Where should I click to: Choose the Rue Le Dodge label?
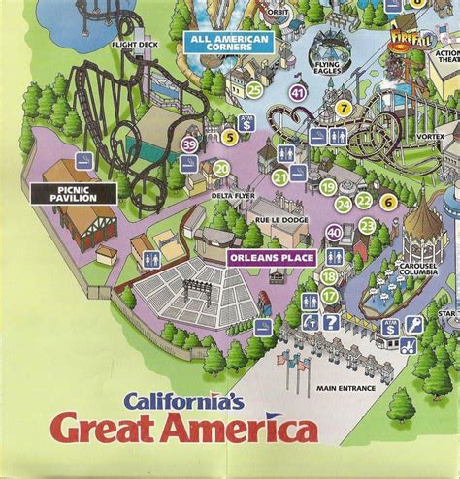tap(275, 218)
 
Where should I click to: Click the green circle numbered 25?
tap(253, 89)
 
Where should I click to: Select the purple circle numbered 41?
tap(297, 93)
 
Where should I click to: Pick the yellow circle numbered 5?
tap(229, 138)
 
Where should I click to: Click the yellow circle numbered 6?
tap(387, 202)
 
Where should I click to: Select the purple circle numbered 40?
tap(334, 233)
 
